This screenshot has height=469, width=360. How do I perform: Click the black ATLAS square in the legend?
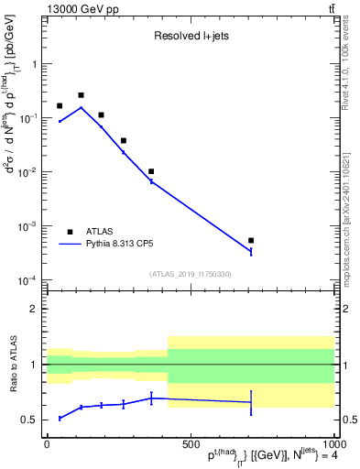click(x=70, y=232)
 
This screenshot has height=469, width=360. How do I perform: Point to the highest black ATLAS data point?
click(x=81, y=95)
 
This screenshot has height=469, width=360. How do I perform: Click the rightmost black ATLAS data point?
click(x=251, y=240)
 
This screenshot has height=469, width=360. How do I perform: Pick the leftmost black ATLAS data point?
click(x=60, y=106)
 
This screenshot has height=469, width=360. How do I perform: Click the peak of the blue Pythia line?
click(x=81, y=107)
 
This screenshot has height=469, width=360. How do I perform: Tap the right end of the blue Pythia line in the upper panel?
click(x=251, y=252)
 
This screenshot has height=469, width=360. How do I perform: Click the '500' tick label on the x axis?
click(x=190, y=443)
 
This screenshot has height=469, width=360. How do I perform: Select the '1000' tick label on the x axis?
click(x=332, y=443)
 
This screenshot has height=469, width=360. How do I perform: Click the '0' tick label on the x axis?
click(x=47, y=443)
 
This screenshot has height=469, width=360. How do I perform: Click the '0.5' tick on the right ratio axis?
click(x=346, y=420)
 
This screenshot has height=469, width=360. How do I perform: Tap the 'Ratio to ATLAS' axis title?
click(x=13, y=364)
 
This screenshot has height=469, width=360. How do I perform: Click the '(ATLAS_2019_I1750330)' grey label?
click(x=191, y=274)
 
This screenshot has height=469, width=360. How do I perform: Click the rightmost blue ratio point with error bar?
click(x=251, y=402)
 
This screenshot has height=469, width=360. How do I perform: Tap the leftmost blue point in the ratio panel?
click(x=60, y=418)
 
